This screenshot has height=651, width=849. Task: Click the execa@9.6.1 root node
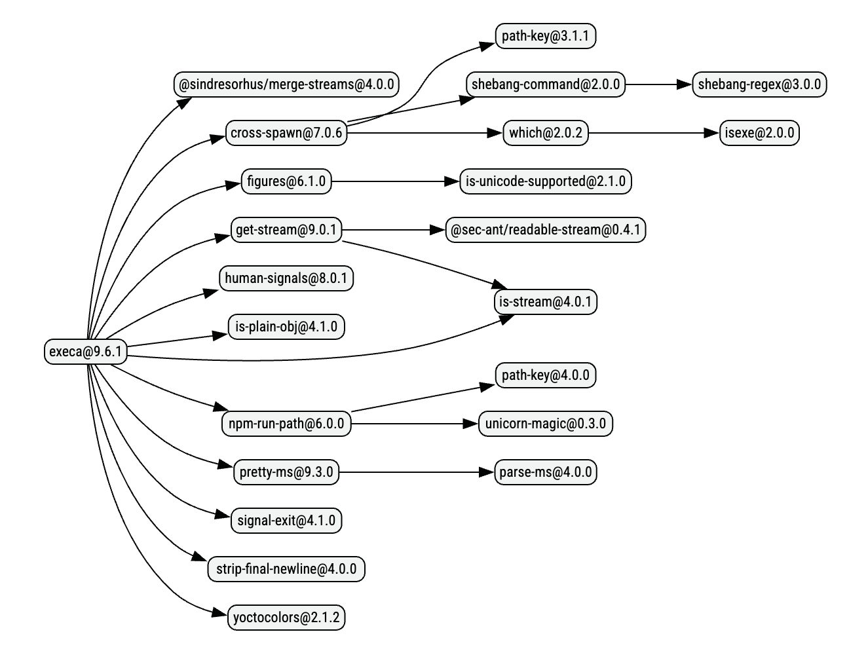pos(86,351)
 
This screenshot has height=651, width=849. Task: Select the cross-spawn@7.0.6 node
pos(286,133)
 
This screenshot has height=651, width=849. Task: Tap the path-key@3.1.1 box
pos(545,36)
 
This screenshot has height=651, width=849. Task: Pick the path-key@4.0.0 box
pos(545,375)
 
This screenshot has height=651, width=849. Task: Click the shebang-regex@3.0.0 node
pos(759,84)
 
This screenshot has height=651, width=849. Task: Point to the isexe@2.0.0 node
pos(759,133)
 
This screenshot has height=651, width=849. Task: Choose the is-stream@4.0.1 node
pos(545,302)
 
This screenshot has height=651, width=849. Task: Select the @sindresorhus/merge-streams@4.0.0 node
pos(286,84)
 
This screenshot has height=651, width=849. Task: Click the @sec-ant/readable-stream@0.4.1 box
pos(545,230)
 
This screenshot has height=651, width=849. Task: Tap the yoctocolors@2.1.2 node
pos(286,618)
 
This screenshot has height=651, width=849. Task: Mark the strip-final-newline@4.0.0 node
pos(286,569)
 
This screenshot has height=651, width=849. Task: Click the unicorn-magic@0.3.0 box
pos(545,424)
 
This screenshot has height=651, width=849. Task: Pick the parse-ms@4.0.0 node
pos(545,472)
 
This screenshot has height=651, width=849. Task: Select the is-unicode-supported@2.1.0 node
pos(545,181)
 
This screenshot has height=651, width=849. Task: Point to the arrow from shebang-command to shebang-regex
pos(658,84)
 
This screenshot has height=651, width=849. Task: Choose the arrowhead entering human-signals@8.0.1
pos(212,291)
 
